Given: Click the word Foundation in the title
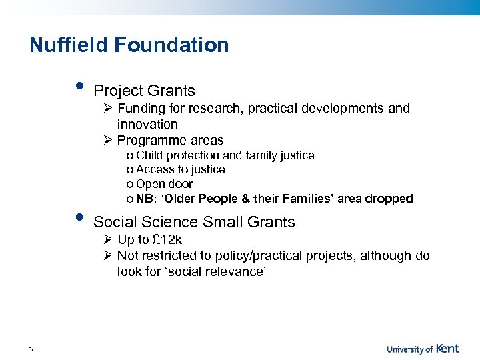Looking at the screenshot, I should pos(171,45).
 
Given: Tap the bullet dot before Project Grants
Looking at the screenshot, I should pos(79,87).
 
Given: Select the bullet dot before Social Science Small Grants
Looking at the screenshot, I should pos(79,218).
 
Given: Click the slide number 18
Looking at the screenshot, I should pos(33,349).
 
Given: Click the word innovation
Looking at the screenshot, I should pos(147,124).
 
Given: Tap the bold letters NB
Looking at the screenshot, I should pos(144,199).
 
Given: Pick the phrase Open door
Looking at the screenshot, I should pos(164,184).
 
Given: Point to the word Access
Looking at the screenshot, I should pos(155,169).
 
